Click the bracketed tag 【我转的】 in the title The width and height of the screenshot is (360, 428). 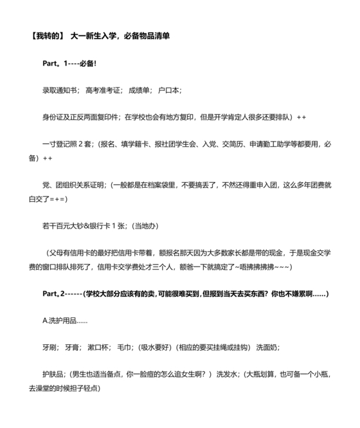48,36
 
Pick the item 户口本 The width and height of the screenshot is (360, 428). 170,91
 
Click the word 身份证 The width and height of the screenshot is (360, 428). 53,118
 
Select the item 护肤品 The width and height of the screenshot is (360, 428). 53,375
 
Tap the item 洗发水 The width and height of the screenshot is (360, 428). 225,375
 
